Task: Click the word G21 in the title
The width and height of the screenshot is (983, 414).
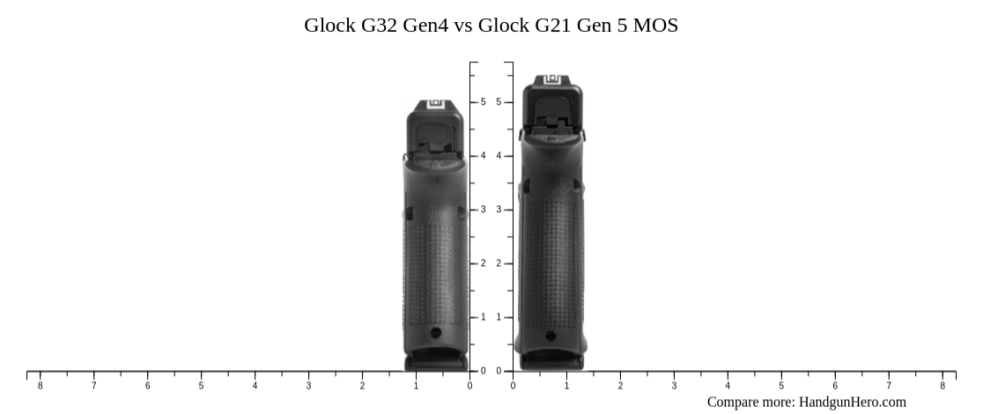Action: coord(553,25)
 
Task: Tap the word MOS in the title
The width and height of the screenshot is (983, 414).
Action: coord(655,25)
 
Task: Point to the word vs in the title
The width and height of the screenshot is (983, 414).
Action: coord(463,25)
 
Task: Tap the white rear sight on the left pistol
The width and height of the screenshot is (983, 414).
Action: coord(434,106)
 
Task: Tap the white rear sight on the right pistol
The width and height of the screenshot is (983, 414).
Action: coord(552,80)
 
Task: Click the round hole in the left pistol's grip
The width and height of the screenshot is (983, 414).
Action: coord(435,332)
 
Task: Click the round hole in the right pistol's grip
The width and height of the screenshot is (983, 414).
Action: coord(551,336)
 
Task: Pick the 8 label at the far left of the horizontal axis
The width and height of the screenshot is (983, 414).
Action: coord(40,386)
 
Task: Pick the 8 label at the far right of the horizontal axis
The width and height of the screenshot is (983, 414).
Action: coord(942,386)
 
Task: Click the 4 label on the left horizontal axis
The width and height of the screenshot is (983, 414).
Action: coord(255,386)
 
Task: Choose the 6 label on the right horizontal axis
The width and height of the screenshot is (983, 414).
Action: coord(835,386)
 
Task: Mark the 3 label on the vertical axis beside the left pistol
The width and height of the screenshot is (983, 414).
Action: coord(483,210)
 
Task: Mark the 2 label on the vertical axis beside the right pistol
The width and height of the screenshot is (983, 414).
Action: coord(499,263)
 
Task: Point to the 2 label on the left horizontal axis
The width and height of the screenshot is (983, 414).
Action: coord(362,386)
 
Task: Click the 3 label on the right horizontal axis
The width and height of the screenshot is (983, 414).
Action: coord(674,386)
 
